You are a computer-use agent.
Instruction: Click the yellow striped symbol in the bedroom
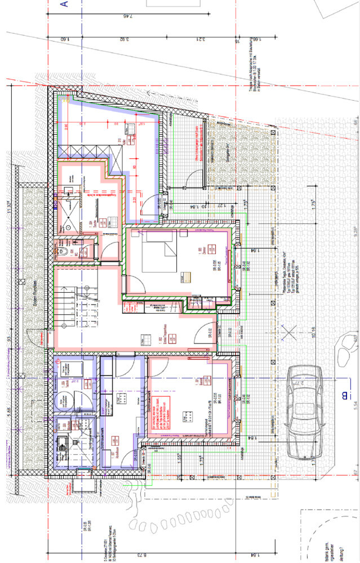pos(186,276)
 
